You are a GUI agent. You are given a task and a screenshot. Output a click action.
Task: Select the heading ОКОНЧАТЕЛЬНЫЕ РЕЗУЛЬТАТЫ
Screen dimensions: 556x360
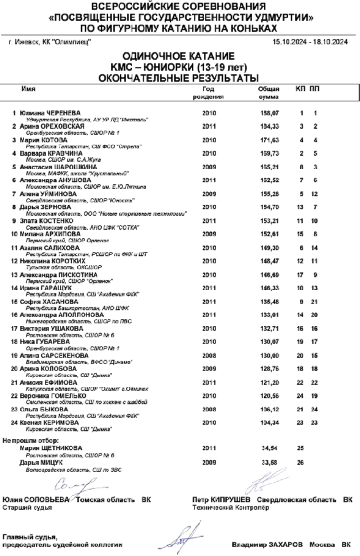(x=180, y=77)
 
